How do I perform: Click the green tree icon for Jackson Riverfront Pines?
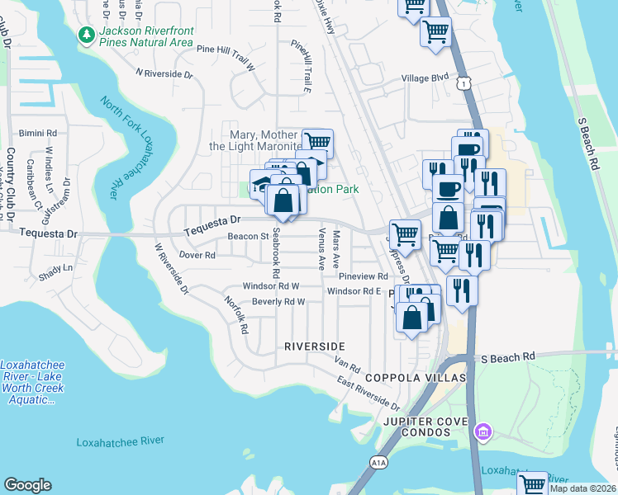coord(86,35)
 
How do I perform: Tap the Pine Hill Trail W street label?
coord(229,49)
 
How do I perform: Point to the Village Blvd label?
coord(424,78)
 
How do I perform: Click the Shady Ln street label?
coord(56,268)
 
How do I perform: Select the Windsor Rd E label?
coord(354,291)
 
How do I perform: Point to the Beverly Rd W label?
coord(278,302)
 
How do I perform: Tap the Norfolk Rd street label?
coord(236,315)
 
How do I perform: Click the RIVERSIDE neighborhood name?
coord(314,346)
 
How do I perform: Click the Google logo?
coord(27,485)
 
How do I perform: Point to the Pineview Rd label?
coord(363,277)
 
